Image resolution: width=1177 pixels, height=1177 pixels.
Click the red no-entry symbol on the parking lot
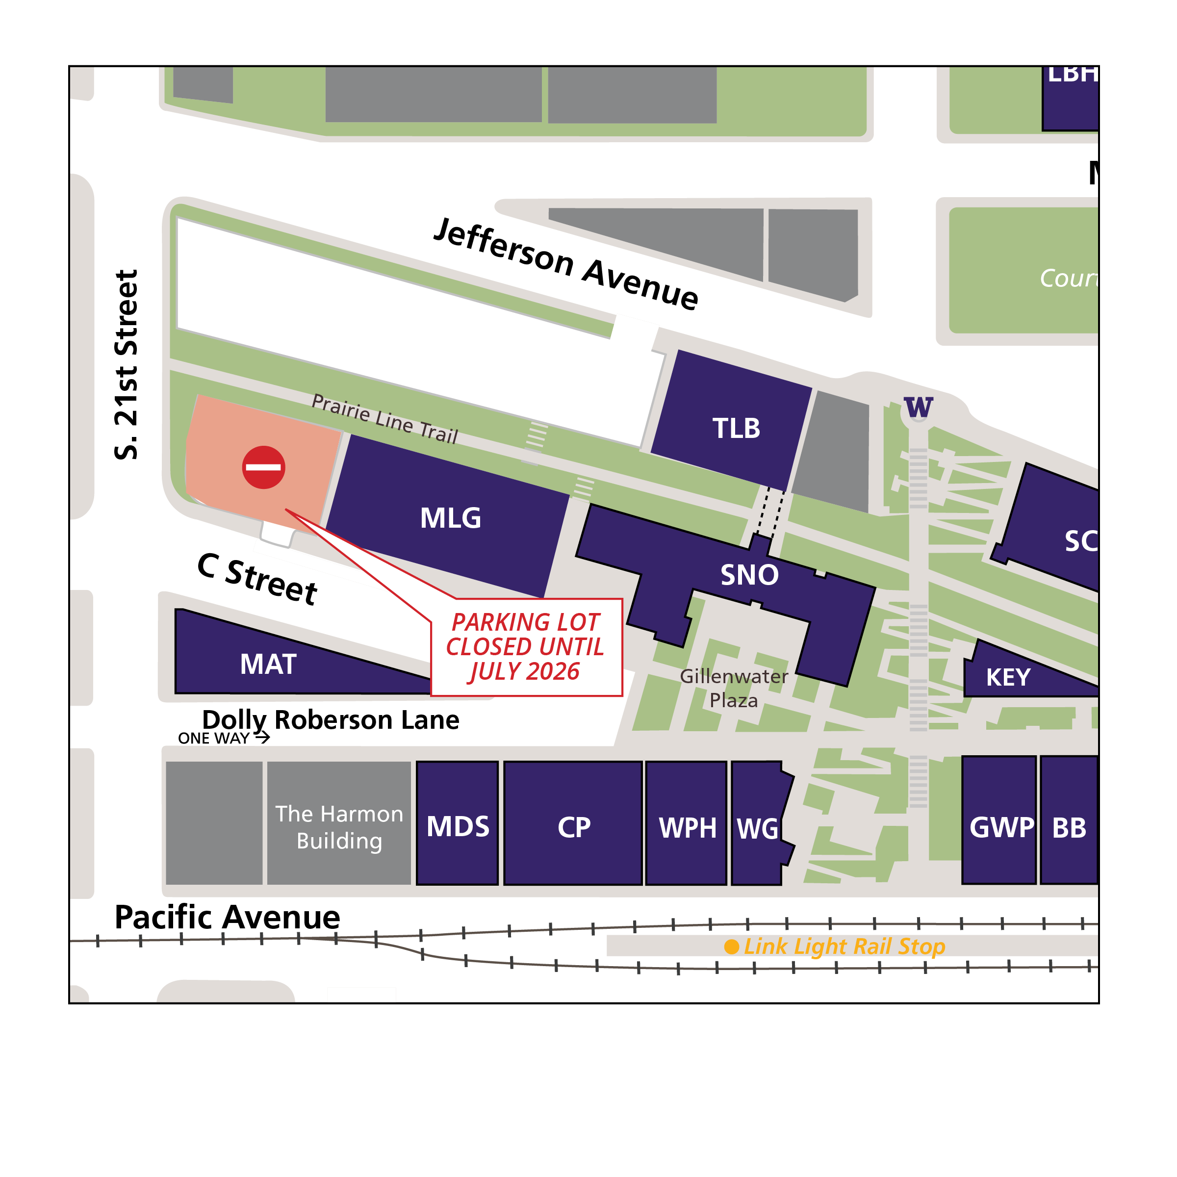(x=264, y=467)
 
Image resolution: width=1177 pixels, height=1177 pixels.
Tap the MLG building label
(x=450, y=518)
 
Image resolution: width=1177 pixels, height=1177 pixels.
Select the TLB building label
(x=737, y=428)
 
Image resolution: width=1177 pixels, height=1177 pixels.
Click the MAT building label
(x=268, y=664)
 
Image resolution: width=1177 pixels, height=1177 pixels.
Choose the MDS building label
(x=458, y=827)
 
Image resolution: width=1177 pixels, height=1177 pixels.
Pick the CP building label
(x=574, y=827)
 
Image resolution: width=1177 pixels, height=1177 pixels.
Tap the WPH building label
(x=688, y=828)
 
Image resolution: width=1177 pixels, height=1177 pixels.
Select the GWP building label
(x=1001, y=827)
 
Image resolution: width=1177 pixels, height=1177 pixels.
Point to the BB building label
(x=1069, y=828)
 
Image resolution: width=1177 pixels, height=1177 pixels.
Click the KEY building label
(x=1008, y=677)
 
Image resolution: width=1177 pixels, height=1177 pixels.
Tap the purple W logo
(x=919, y=407)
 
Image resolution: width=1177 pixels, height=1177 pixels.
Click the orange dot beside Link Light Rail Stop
(x=732, y=947)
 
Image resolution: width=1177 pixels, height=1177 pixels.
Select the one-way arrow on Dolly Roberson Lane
(x=262, y=738)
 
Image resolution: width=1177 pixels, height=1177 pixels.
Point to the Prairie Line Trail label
(x=384, y=418)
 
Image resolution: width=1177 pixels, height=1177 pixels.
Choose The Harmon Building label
(x=339, y=827)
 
